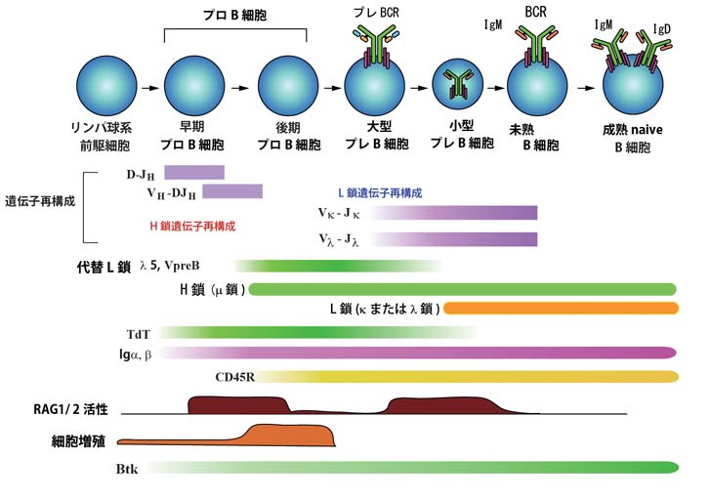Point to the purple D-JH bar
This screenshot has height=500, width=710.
coord(194,173)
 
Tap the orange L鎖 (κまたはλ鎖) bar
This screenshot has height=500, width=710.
coord(560,309)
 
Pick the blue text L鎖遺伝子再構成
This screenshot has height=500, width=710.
coord(380,193)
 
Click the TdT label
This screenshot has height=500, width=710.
coord(139,333)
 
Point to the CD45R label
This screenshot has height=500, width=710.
coord(235,376)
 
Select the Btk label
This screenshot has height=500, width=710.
coord(127,469)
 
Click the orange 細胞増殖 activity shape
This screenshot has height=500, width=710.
coord(283,437)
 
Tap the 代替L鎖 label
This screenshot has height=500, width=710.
coord(104,266)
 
